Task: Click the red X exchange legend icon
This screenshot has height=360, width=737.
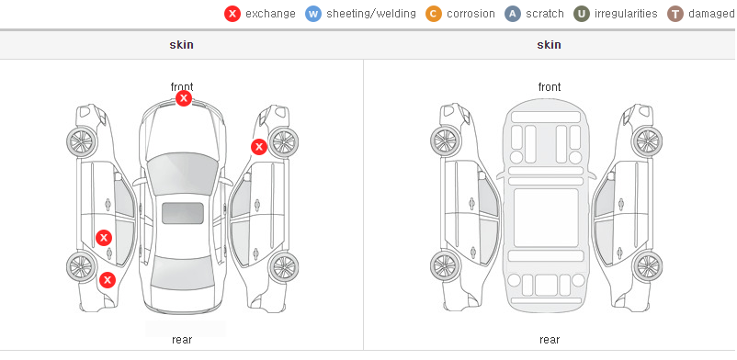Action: point(232,14)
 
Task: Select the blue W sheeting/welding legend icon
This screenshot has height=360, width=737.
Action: point(313,14)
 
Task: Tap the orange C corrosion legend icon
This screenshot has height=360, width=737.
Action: point(434,14)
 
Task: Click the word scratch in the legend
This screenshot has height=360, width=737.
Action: point(545,14)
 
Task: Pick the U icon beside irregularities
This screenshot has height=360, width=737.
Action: point(582,14)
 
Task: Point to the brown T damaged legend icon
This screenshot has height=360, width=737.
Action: point(675,14)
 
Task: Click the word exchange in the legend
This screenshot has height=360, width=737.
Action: point(270,14)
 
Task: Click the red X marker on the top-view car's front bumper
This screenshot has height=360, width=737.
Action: point(184,98)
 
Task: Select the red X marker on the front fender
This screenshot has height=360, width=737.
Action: point(258,147)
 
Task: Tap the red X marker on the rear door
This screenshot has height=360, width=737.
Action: point(104,238)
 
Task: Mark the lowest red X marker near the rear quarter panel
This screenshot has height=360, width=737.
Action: point(108,281)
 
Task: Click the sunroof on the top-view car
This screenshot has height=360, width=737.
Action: point(183,213)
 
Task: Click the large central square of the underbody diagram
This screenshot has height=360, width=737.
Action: point(546,218)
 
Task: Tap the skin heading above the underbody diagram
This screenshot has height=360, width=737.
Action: point(549,45)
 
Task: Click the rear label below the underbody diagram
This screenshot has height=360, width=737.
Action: point(550,339)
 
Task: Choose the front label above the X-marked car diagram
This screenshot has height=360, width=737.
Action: point(182,87)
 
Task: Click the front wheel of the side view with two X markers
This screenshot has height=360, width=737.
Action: point(82,141)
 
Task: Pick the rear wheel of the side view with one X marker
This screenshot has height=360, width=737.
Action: point(283,267)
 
